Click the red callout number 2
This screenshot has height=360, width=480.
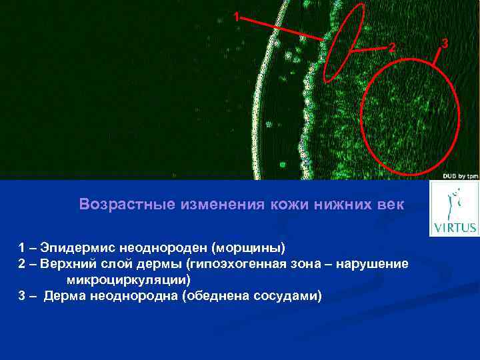coord(393,47)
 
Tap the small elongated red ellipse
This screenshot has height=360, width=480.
coord(345,43)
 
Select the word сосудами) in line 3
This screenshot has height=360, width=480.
coord(288,295)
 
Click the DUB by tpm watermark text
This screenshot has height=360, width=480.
coord(459,176)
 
